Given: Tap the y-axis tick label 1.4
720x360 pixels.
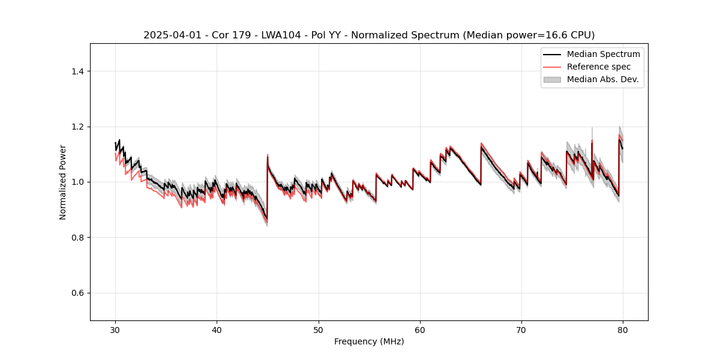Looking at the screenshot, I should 77,71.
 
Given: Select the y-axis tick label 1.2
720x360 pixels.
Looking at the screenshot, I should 77,127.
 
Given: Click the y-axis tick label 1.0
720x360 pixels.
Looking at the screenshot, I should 77,182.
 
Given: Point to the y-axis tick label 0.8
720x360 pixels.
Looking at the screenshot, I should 77,238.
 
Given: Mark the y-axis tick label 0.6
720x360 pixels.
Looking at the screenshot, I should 77,293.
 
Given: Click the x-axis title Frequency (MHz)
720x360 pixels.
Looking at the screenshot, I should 369,341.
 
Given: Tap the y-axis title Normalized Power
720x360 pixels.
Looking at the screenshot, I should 62,182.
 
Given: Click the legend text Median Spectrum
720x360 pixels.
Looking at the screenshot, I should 603,54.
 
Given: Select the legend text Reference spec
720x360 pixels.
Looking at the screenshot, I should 598,67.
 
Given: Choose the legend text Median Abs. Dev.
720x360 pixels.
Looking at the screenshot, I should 602,79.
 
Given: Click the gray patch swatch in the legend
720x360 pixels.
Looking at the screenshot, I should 551,79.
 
